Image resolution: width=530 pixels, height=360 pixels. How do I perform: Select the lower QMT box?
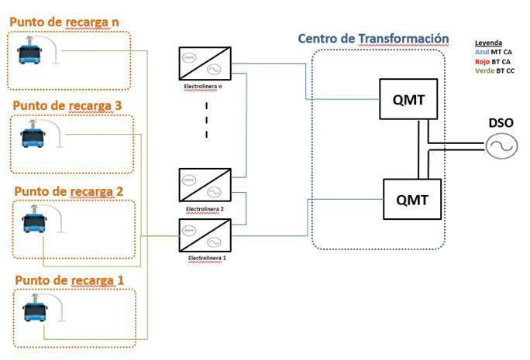pos(411,199)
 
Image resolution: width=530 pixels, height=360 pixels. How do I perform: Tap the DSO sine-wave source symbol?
pos(500,146)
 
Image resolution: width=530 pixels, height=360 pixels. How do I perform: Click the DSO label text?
pos(500,123)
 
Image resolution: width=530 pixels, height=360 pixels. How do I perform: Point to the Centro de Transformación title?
pos(373,39)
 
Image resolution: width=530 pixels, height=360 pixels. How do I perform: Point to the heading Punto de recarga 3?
pos(67,105)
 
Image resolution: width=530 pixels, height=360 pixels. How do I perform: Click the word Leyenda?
pos(489,42)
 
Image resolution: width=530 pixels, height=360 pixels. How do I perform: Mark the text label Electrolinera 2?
pos(205,209)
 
